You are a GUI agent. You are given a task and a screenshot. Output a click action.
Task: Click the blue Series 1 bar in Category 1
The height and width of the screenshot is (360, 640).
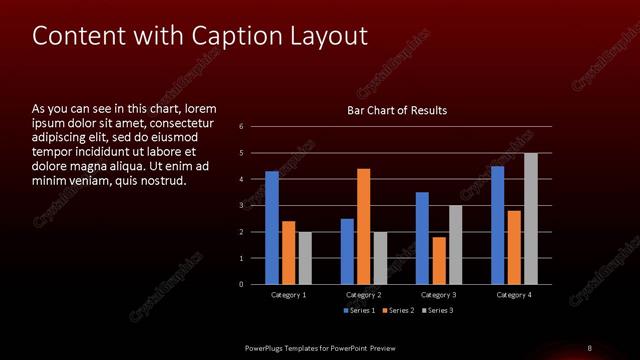click(x=272, y=228)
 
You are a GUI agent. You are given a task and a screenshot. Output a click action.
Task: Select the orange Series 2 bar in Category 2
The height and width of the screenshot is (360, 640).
click(x=363, y=227)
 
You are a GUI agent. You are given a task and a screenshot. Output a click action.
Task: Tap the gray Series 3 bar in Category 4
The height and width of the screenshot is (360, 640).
click(x=530, y=219)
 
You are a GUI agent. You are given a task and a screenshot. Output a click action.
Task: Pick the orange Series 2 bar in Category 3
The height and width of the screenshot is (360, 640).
click(x=439, y=261)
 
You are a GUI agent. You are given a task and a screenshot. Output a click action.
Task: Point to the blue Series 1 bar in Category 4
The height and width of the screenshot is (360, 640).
click(x=498, y=225)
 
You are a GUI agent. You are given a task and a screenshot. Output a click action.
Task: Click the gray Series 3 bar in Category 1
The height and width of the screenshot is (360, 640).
click(x=305, y=258)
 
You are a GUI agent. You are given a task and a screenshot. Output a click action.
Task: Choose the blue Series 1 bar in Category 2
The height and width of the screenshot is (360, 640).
click(x=347, y=251)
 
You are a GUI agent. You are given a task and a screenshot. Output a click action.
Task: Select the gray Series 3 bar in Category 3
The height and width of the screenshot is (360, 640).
click(x=455, y=245)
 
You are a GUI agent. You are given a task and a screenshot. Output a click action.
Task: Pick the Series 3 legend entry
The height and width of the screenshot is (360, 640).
click(x=437, y=311)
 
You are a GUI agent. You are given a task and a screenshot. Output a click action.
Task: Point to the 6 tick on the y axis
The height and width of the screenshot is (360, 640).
click(x=241, y=127)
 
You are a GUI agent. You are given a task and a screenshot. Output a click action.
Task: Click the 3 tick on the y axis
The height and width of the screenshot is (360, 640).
click(x=241, y=205)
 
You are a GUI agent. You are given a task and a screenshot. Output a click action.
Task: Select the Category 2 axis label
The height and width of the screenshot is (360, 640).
click(x=364, y=295)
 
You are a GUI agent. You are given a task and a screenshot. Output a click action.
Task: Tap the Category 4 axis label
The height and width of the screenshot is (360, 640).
click(x=514, y=295)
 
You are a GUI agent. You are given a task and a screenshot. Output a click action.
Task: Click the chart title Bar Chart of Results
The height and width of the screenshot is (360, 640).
click(x=397, y=110)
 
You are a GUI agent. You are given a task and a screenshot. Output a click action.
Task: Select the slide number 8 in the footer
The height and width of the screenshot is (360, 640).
click(x=589, y=347)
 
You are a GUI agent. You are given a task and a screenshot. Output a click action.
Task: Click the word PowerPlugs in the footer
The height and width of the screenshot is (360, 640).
click(x=267, y=347)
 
